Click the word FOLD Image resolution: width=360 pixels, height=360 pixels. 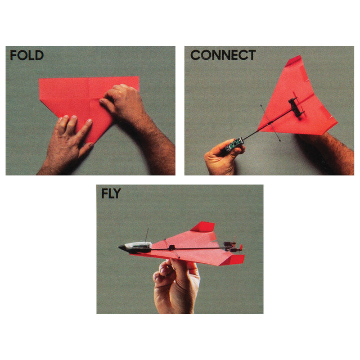pos(27,55)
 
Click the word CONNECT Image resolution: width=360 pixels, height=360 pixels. pos(223,55)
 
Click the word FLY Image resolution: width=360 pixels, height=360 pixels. pos(111,193)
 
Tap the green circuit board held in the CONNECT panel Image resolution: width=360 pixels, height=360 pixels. pos(234,144)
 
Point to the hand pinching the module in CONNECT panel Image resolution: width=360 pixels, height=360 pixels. pos(223,157)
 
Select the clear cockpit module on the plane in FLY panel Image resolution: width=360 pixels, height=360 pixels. pos(139,246)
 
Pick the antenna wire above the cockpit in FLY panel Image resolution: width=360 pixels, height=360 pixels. pos(147,235)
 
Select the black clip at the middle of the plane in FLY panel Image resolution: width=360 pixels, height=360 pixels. pos(171,247)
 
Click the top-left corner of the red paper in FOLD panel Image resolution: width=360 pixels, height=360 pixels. pos(39,79)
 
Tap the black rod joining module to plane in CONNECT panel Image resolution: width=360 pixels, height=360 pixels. pos(266,125)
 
